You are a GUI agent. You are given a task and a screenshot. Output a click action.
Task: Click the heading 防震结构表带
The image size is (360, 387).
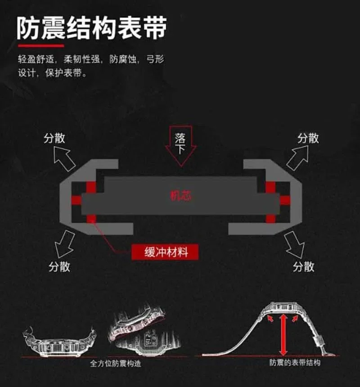(x=91, y=28)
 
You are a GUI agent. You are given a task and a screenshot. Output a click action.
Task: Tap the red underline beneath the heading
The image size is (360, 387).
(x=41, y=45)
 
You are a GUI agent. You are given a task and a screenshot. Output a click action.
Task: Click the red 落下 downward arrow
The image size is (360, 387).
(x=181, y=146)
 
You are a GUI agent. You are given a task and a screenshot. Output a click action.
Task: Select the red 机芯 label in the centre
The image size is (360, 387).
(x=181, y=196)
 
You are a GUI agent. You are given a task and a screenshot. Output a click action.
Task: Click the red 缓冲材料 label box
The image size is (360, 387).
(x=165, y=252)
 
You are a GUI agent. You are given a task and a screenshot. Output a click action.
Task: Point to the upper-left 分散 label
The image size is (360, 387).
(x=54, y=138)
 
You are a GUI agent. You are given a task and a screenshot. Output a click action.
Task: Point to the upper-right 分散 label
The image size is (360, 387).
(x=308, y=138)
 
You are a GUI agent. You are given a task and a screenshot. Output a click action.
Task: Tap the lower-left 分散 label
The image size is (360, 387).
(x=59, y=266)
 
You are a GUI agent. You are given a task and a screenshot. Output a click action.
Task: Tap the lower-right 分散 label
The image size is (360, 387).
(x=304, y=266)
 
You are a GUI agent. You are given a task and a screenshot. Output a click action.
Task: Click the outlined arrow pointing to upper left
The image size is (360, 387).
(x=64, y=158)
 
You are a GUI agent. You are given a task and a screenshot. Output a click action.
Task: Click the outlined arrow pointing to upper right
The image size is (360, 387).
(x=298, y=157)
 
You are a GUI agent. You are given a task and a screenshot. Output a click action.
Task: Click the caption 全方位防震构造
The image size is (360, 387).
(x=116, y=364)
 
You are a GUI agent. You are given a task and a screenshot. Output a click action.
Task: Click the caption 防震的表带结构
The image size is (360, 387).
(x=295, y=363)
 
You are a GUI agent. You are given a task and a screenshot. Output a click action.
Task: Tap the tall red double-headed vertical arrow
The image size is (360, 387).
(x=283, y=335)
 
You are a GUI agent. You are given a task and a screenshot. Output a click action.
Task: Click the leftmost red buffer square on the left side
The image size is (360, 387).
(x=76, y=200)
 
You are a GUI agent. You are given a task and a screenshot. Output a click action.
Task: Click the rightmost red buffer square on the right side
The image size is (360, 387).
(x=285, y=200)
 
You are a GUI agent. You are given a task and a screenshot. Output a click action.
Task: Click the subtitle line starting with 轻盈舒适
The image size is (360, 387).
(x=91, y=59)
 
